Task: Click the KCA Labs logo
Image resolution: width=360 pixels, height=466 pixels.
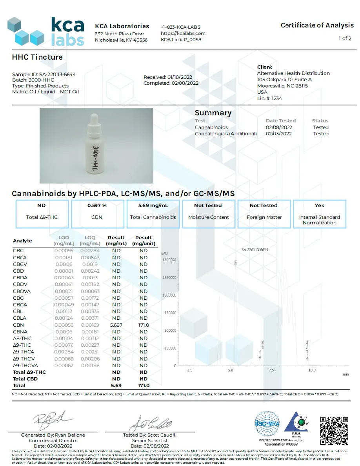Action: coord(46,32)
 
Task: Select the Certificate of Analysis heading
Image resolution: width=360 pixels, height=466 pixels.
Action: coord(317,25)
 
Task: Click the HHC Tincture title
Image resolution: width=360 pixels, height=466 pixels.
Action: coord(37,57)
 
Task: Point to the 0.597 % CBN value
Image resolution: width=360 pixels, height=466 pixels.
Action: coord(97,206)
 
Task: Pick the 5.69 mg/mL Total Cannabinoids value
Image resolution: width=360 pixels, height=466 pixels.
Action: coord(153,206)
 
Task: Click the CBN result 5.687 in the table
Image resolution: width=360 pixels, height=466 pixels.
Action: coord(116,325)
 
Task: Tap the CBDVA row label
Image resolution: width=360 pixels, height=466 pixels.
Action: coord(22,291)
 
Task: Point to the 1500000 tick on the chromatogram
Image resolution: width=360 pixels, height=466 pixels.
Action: coord(169,260)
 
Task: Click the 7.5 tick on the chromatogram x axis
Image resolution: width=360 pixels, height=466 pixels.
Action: coord(271,370)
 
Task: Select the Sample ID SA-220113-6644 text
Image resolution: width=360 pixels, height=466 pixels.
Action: coord(44,74)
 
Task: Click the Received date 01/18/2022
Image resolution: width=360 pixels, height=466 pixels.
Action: coord(171,77)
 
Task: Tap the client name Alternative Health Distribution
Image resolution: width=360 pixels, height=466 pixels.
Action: coord(293,73)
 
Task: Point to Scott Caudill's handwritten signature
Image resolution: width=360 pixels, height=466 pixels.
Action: coord(151,423)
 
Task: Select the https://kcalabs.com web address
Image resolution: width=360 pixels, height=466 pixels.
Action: coord(183,33)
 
